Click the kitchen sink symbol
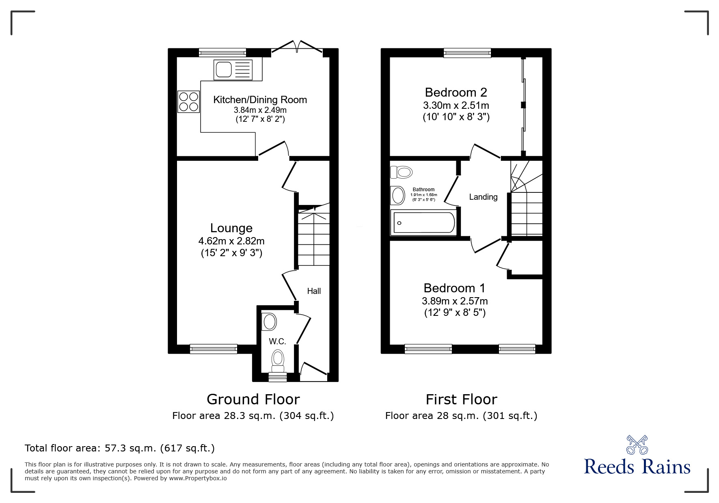coord(233,70)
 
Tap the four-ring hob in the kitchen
coord(188,101)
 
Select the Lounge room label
coord(231,228)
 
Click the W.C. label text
coord(277,341)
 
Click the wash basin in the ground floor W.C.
coord(269,322)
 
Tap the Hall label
coord(314,291)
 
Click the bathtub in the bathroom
coord(424,222)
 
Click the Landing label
coord(483,197)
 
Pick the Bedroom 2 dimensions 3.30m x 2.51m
coord(456,106)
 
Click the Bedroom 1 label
coord(454,288)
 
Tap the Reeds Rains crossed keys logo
coord(637,445)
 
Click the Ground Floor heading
coord(253,399)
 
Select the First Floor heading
coord(461,399)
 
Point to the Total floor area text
coord(120,448)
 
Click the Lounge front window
coord(214,348)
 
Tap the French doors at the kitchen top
coord(297,48)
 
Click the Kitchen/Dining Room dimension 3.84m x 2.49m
coord(260,110)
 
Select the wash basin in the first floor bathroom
coord(397,196)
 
